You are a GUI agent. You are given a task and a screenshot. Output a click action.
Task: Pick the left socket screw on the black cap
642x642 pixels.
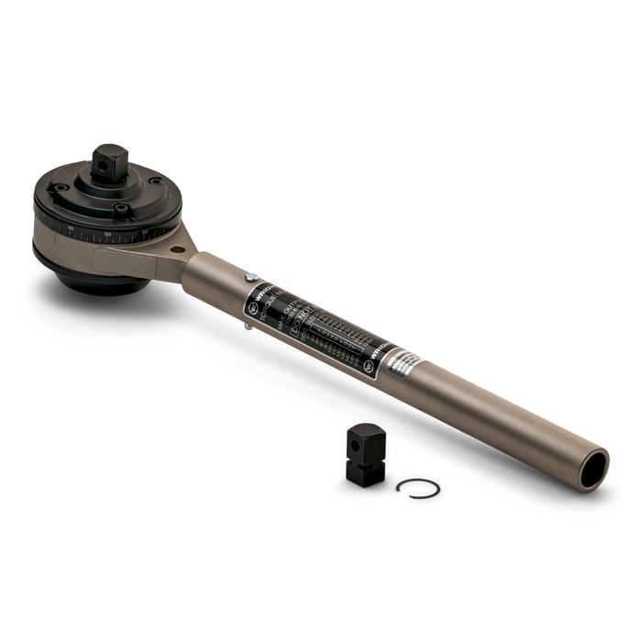click(x=59, y=190)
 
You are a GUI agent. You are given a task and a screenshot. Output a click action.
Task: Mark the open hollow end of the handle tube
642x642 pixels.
click(x=592, y=462)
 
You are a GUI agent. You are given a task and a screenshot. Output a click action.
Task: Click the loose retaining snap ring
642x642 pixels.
click(x=422, y=488)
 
